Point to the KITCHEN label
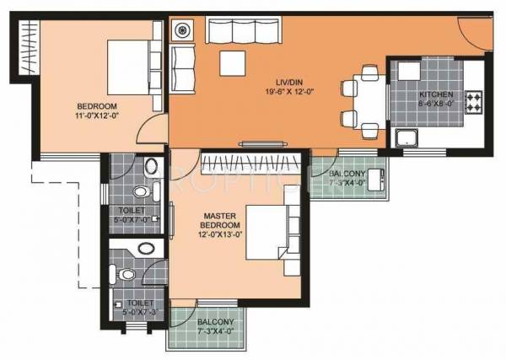pos(435,94)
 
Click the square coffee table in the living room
pos(231,64)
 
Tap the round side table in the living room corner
pos(183,30)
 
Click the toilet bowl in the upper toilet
pos(150,166)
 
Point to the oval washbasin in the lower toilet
pos(148,248)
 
